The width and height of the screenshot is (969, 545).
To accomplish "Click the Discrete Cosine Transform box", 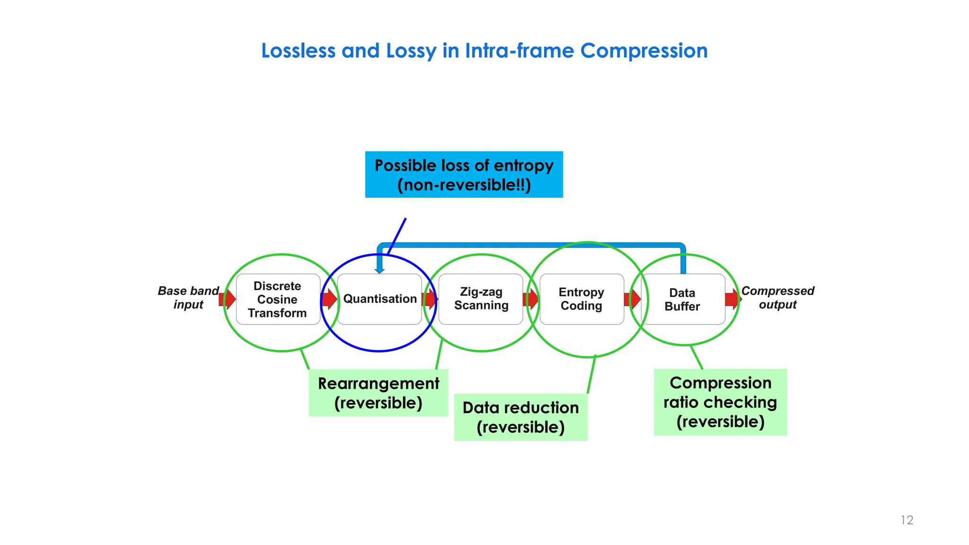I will click(278, 299).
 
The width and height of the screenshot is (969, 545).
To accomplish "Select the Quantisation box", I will click(379, 299).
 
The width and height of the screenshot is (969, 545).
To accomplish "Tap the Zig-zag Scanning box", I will click(481, 299).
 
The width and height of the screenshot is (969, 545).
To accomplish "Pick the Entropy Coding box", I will click(581, 299).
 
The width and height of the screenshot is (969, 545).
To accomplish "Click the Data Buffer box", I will click(682, 299).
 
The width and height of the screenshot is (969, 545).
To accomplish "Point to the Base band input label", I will click(188, 298).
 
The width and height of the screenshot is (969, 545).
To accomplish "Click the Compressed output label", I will click(777, 298).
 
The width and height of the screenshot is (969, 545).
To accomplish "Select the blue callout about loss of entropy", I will click(464, 175).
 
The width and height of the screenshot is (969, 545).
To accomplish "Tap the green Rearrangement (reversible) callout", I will click(378, 393).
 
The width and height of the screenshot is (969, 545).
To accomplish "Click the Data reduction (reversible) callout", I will click(520, 417).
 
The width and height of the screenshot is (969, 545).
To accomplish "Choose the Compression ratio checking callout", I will click(720, 402).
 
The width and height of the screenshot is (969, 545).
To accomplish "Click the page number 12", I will click(907, 520).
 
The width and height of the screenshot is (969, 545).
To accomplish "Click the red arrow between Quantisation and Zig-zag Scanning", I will click(430, 299).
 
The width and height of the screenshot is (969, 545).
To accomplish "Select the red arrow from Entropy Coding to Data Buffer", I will click(633, 299).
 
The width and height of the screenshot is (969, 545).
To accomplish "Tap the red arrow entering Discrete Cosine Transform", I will click(228, 299).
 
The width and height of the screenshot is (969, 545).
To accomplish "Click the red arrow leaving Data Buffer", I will click(732, 299).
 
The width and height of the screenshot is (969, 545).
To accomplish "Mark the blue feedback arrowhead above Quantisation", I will click(379, 270).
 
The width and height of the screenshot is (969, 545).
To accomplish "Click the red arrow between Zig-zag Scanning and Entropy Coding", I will click(531, 299).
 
